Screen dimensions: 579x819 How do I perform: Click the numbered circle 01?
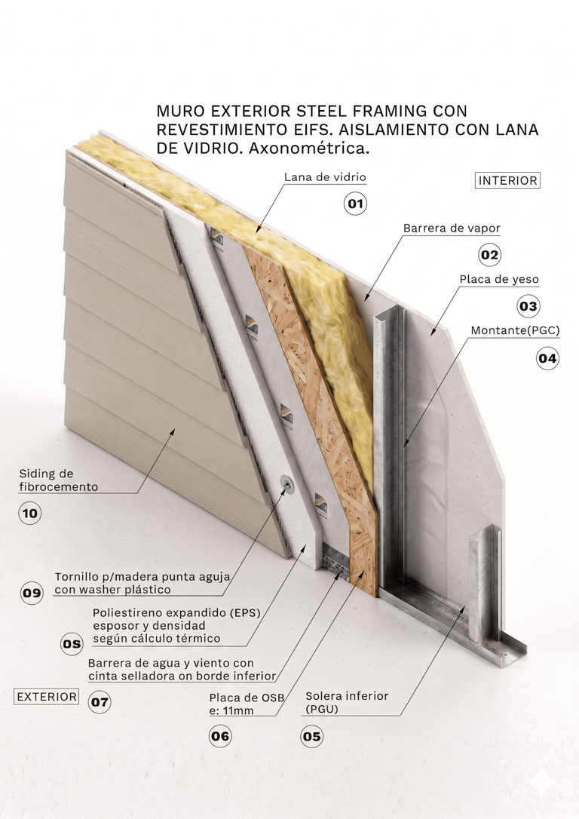tap(355, 204)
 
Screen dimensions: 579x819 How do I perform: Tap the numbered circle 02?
tap(490, 255)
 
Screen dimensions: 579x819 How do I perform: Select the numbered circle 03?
tap(528, 306)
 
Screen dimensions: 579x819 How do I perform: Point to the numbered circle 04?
tap(547, 358)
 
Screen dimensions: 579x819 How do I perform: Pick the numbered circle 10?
tap(30, 515)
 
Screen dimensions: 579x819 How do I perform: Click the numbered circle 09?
tap(32, 593)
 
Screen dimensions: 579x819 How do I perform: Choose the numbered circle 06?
tap(220, 737)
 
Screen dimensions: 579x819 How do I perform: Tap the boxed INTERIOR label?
tap(508, 181)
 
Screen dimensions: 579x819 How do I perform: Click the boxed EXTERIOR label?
tap(47, 697)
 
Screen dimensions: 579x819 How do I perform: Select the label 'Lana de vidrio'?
tap(325, 177)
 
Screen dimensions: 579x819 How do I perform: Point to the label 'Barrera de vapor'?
tap(452, 228)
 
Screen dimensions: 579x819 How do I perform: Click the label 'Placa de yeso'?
tap(499, 279)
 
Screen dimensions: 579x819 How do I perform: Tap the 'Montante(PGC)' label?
tap(515, 330)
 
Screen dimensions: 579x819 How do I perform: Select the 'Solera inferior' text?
tap(347, 695)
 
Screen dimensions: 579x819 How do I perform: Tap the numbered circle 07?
tap(100, 703)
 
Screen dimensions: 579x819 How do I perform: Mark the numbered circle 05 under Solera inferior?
tap(311, 737)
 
